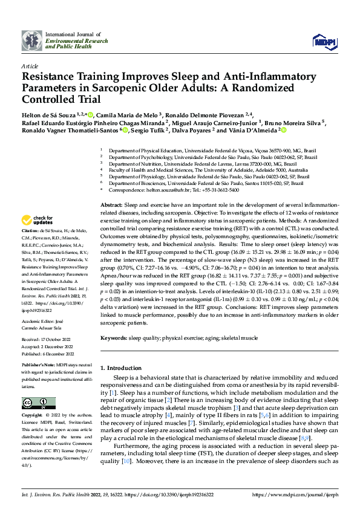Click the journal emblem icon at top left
32,41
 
